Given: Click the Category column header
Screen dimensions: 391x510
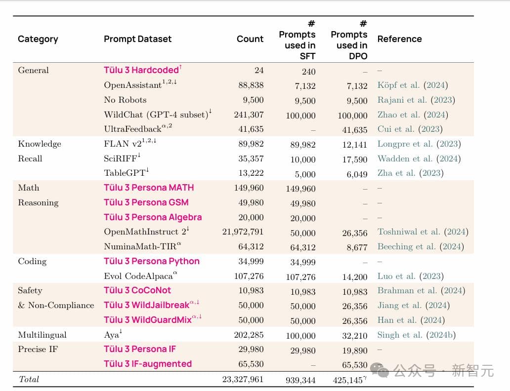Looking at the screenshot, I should pyautogui.click(x=38, y=39).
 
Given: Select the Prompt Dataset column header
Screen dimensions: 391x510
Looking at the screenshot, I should pyautogui.click(x=137, y=39).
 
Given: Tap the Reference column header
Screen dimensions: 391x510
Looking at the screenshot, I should pyautogui.click(x=399, y=39).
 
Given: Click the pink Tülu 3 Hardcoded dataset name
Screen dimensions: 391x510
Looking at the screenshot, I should pyautogui.click(x=141, y=70).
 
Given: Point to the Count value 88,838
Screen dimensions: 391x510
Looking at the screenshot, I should pyautogui.click(x=251, y=85).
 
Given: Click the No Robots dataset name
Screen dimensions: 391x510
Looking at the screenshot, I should pyautogui.click(x=125, y=100).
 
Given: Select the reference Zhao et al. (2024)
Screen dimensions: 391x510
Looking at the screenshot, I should pyautogui.click(x=413, y=115).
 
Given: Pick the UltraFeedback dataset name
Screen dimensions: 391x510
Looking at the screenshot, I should pyautogui.click(x=132, y=129).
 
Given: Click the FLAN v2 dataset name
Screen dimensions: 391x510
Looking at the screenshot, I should pyautogui.click(x=127, y=144).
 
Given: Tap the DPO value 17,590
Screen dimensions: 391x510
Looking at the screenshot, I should pyautogui.click(x=355, y=159).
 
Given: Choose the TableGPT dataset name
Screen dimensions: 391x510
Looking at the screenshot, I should pyautogui.click(x=125, y=173).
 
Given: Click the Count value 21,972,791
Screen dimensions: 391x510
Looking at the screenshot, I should pyautogui.click(x=243, y=232).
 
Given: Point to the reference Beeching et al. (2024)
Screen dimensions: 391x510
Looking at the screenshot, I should pyautogui.click(x=421, y=246).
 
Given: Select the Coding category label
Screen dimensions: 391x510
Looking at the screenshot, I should pyautogui.click(x=32, y=261).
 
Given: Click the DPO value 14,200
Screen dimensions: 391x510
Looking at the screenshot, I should pyautogui.click(x=355, y=276).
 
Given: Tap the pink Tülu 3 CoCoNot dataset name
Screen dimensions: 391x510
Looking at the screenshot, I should pyautogui.click(x=137, y=290).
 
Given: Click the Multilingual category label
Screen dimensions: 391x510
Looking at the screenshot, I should pyautogui.click(x=42, y=335).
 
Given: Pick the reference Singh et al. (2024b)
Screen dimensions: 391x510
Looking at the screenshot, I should pyautogui.click(x=416, y=335).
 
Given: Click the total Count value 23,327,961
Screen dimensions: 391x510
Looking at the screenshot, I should pyautogui.click(x=243, y=379).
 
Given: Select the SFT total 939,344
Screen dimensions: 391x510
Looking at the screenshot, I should pyautogui.click(x=300, y=380).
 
